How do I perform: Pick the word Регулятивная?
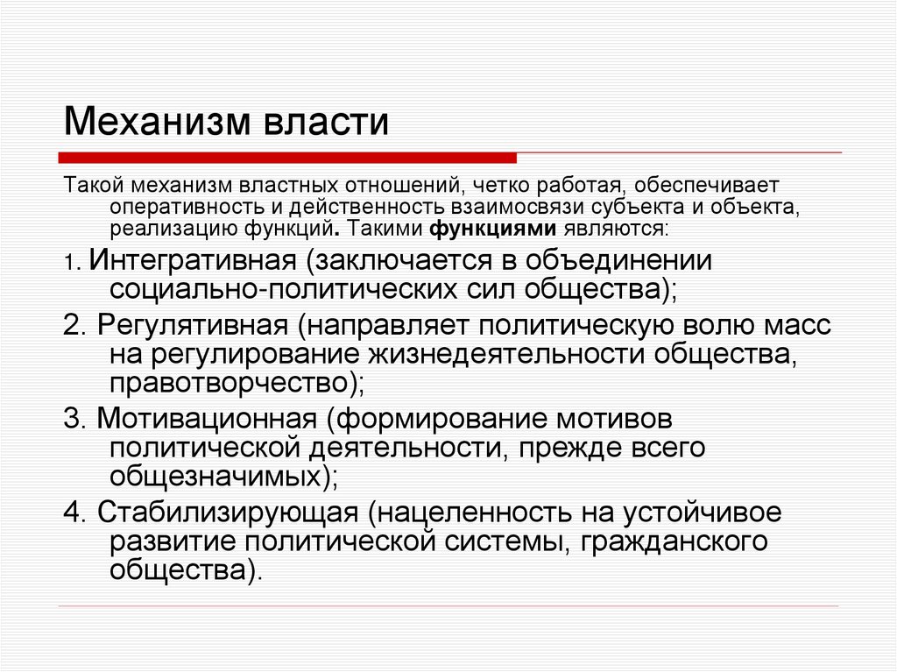[193, 325]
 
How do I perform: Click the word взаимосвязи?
[517, 209]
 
